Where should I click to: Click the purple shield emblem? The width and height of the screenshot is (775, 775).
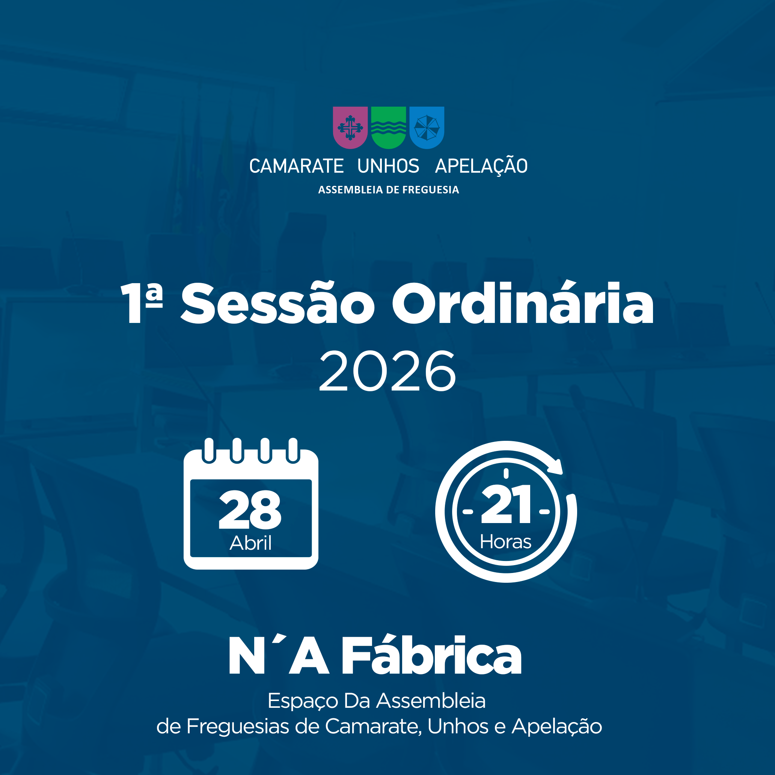tap(350, 128)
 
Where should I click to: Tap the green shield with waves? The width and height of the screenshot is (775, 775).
tap(388, 128)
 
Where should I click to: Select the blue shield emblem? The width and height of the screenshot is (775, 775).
tap(427, 128)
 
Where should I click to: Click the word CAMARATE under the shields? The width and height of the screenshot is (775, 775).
tap(296, 166)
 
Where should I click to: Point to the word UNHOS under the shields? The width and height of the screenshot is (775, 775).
tap(388, 166)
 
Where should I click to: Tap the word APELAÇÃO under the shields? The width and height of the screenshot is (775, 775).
tap(481, 165)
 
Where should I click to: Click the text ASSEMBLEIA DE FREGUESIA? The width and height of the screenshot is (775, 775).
tap(388, 190)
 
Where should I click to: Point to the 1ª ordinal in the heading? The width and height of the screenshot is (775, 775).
tap(142, 303)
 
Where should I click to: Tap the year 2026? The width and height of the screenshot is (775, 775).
tap(387, 371)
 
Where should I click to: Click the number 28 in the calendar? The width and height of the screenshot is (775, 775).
tap(250, 510)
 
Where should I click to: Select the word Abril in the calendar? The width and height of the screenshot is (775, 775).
tap(251, 543)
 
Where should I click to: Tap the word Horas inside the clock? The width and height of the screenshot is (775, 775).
tap(505, 541)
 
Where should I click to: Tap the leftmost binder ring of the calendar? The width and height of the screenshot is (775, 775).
tap(209, 451)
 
